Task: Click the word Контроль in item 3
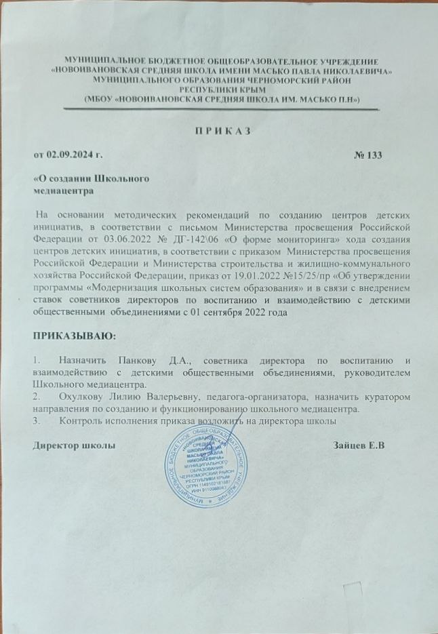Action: pyautogui.click(x=81, y=420)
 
